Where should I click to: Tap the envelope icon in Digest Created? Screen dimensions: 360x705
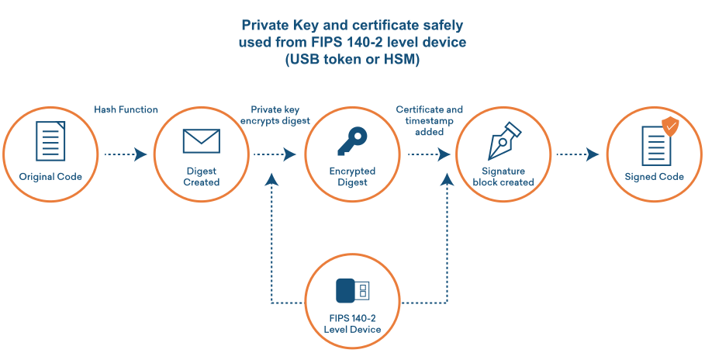coord(202,141)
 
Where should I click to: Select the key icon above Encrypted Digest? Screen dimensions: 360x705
coord(352,142)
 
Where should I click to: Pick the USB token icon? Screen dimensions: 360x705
coord(352,291)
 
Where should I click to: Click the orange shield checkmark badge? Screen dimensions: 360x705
coord(669,125)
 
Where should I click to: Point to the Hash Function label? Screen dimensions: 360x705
coord(126,110)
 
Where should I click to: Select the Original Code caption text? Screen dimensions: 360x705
coord(50,177)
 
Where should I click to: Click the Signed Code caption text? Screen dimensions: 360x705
coord(654,177)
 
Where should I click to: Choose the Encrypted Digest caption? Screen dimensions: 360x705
coord(352,177)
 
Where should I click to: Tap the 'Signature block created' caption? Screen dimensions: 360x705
coord(503,177)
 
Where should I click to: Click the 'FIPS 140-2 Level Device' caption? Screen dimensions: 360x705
coord(352,324)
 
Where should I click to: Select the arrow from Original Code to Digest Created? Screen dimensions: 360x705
coord(126,155)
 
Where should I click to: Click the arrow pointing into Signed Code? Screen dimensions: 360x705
coord(578,155)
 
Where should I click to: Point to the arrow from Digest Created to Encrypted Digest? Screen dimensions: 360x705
coord(276,155)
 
